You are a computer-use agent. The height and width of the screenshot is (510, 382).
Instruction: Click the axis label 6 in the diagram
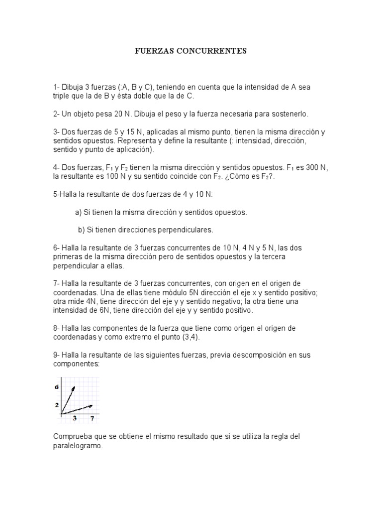(x=57, y=387)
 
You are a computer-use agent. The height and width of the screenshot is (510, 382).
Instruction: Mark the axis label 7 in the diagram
(x=92, y=419)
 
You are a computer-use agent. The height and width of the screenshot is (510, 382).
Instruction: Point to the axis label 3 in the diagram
(x=75, y=419)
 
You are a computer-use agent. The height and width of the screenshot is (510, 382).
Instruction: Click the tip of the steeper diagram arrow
(x=75, y=386)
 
